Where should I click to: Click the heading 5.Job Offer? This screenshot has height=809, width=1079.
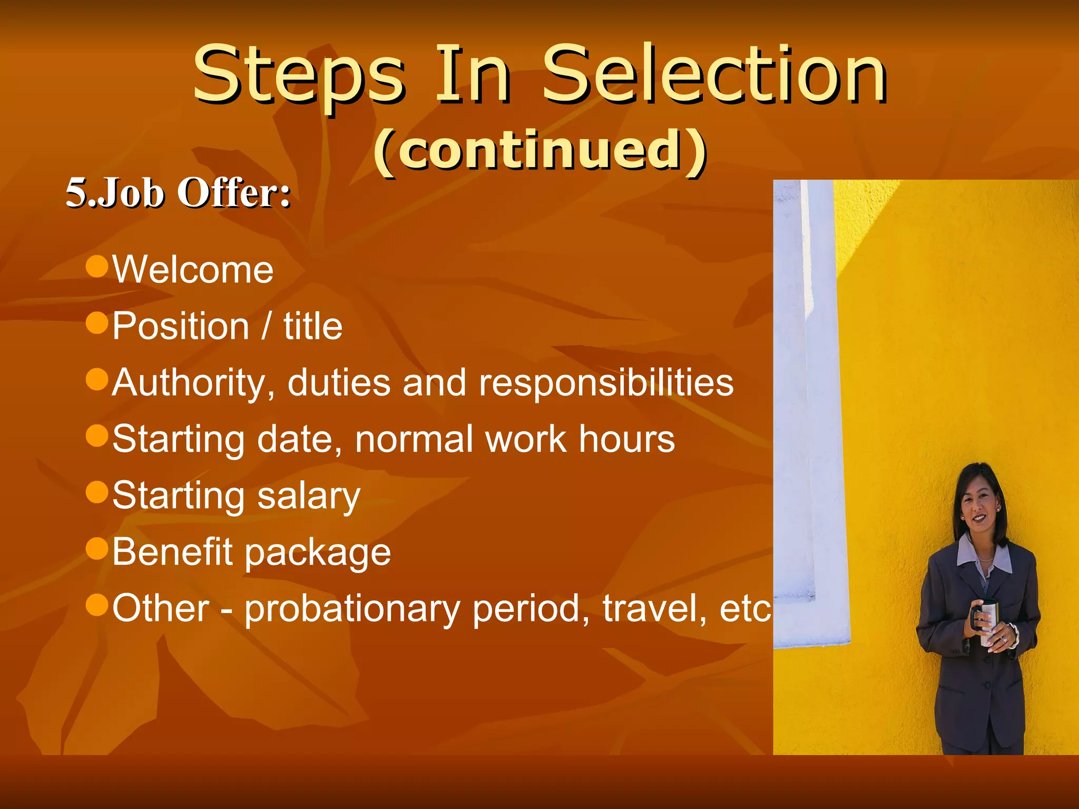tap(178, 193)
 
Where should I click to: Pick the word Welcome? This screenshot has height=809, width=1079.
tap(193, 270)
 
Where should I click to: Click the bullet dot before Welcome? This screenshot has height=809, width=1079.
tap(97, 266)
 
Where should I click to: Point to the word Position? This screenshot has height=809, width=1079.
tap(181, 326)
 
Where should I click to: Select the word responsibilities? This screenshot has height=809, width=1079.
tap(606, 383)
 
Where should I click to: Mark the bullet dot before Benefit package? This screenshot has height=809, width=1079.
tap(97, 548)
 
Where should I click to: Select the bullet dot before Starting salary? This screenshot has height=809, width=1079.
tap(97, 492)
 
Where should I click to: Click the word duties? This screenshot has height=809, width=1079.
tap(339, 382)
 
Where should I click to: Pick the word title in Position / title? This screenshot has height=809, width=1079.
tap(313, 326)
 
